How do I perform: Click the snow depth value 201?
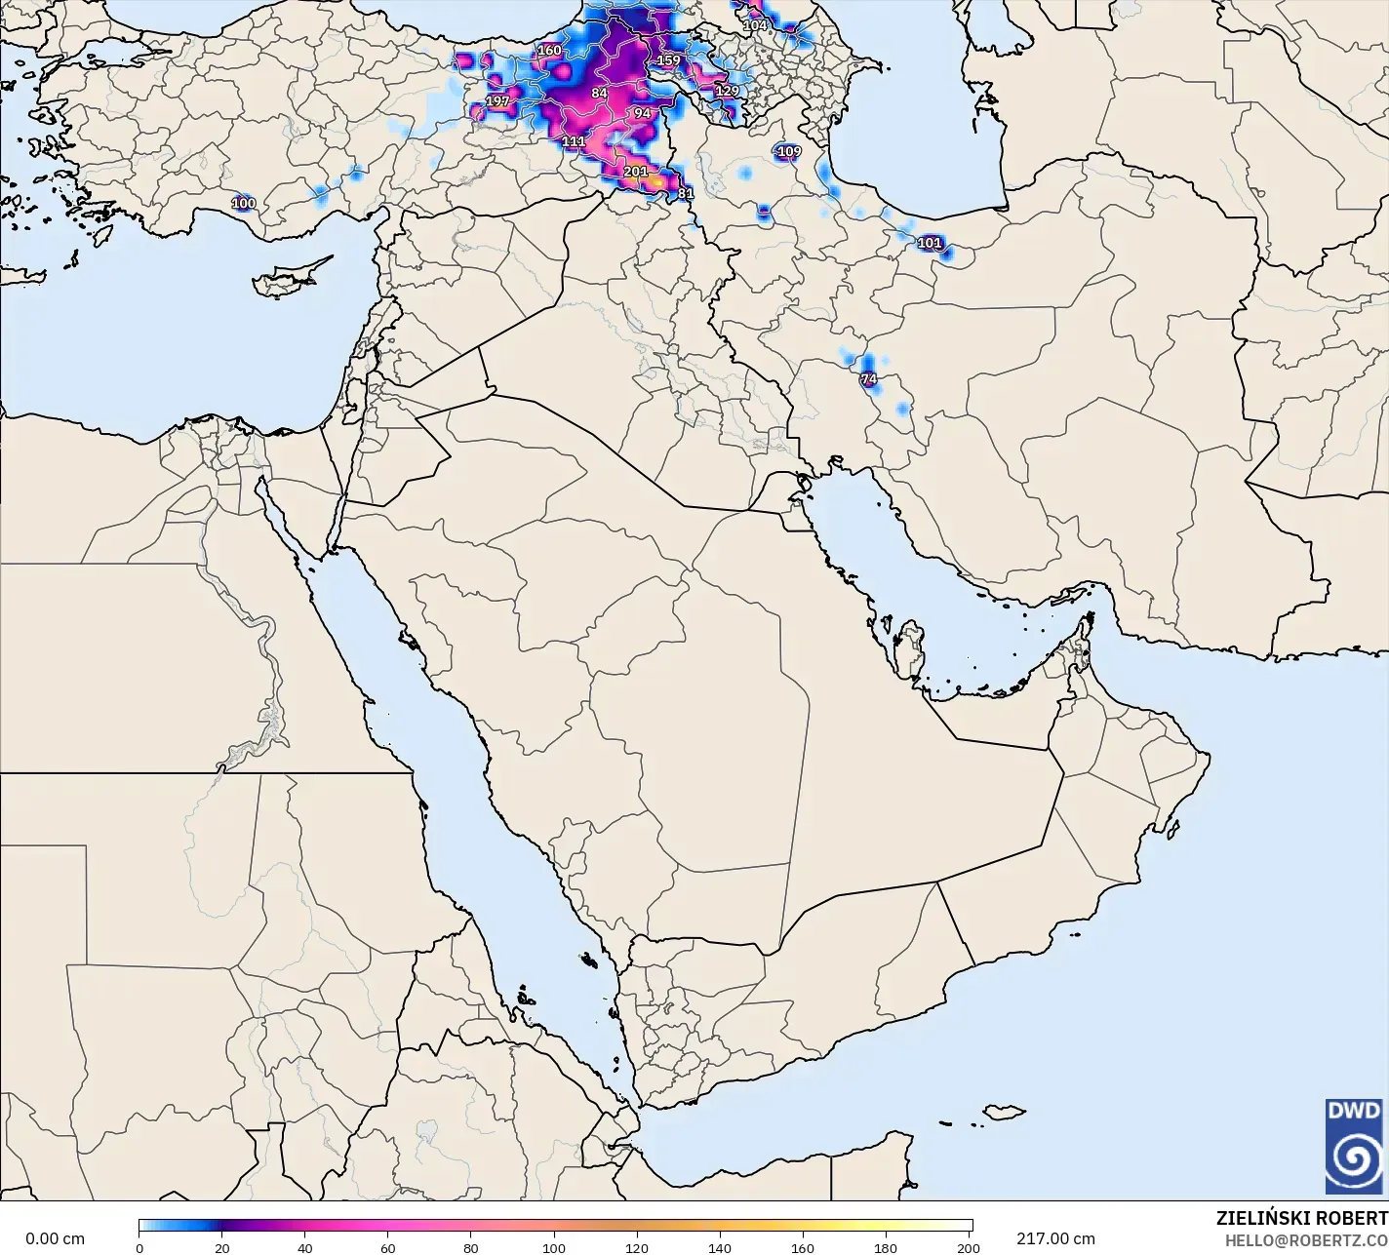[x=635, y=172]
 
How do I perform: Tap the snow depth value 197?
[x=497, y=101]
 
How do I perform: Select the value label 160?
[x=549, y=51]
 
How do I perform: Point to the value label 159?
[x=668, y=60]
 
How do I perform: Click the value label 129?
[x=727, y=91]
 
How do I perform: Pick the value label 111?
[x=574, y=141]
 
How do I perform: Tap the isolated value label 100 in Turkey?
[x=243, y=204]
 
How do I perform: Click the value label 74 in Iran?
[x=868, y=379]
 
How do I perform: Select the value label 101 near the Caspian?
[x=930, y=243]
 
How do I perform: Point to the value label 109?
[x=788, y=151]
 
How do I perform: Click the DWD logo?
[x=1354, y=1147]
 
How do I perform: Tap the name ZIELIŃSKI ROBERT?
[x=1301, y=1219]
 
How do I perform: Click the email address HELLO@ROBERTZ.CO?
[x=1306, y=1240]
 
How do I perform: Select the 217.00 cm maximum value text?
[x=1055, y=1238]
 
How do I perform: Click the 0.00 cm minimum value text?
[x=55, y=1238]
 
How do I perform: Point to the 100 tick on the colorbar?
[x=554, y=1248]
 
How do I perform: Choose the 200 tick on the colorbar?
[x=968, y=1248]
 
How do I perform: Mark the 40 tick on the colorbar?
[x=305, y=1248]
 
